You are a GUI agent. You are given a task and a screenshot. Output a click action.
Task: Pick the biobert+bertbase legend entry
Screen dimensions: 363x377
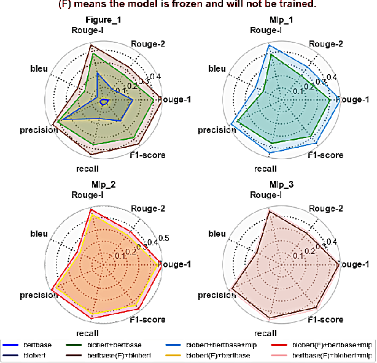(x=114, y=345)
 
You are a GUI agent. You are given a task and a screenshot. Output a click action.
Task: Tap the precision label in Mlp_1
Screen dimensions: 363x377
(x=217, y=130)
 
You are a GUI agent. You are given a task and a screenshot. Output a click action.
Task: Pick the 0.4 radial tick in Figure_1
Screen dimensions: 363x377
(x=155, y=77)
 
